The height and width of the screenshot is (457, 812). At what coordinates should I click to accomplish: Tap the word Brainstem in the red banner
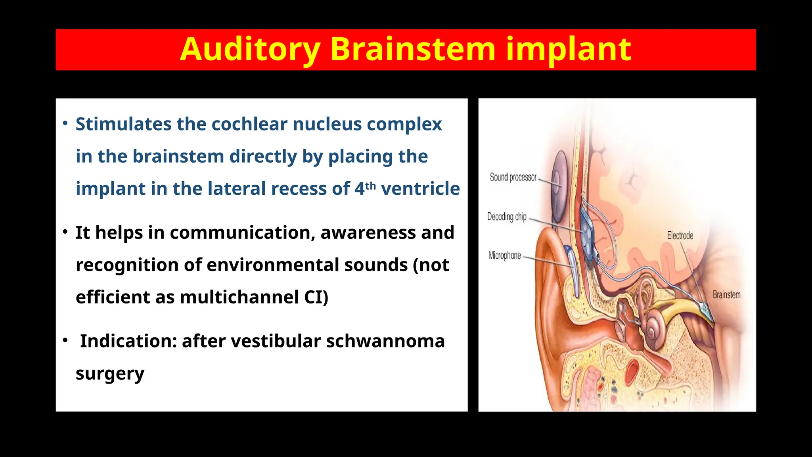pos(412,50)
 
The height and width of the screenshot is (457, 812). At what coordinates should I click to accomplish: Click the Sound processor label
pos(513,177)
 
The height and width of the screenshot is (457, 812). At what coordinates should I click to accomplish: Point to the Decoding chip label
pos(506,217)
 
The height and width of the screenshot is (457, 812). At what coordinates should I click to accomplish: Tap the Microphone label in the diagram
pos(504,255)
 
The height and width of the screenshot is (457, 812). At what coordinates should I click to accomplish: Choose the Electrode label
pos(680,236)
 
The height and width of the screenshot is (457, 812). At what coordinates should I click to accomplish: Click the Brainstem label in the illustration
pos(726,295)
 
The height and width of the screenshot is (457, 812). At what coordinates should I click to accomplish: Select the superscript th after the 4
pos(370,186)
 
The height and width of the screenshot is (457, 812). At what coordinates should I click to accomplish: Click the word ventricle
pos(420,189)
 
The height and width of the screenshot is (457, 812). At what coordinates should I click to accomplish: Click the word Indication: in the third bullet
pos(128,341)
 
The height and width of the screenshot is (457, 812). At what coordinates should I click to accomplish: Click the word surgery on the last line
pos(110,374)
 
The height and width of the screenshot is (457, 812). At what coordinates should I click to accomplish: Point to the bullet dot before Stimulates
pos(65,123)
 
